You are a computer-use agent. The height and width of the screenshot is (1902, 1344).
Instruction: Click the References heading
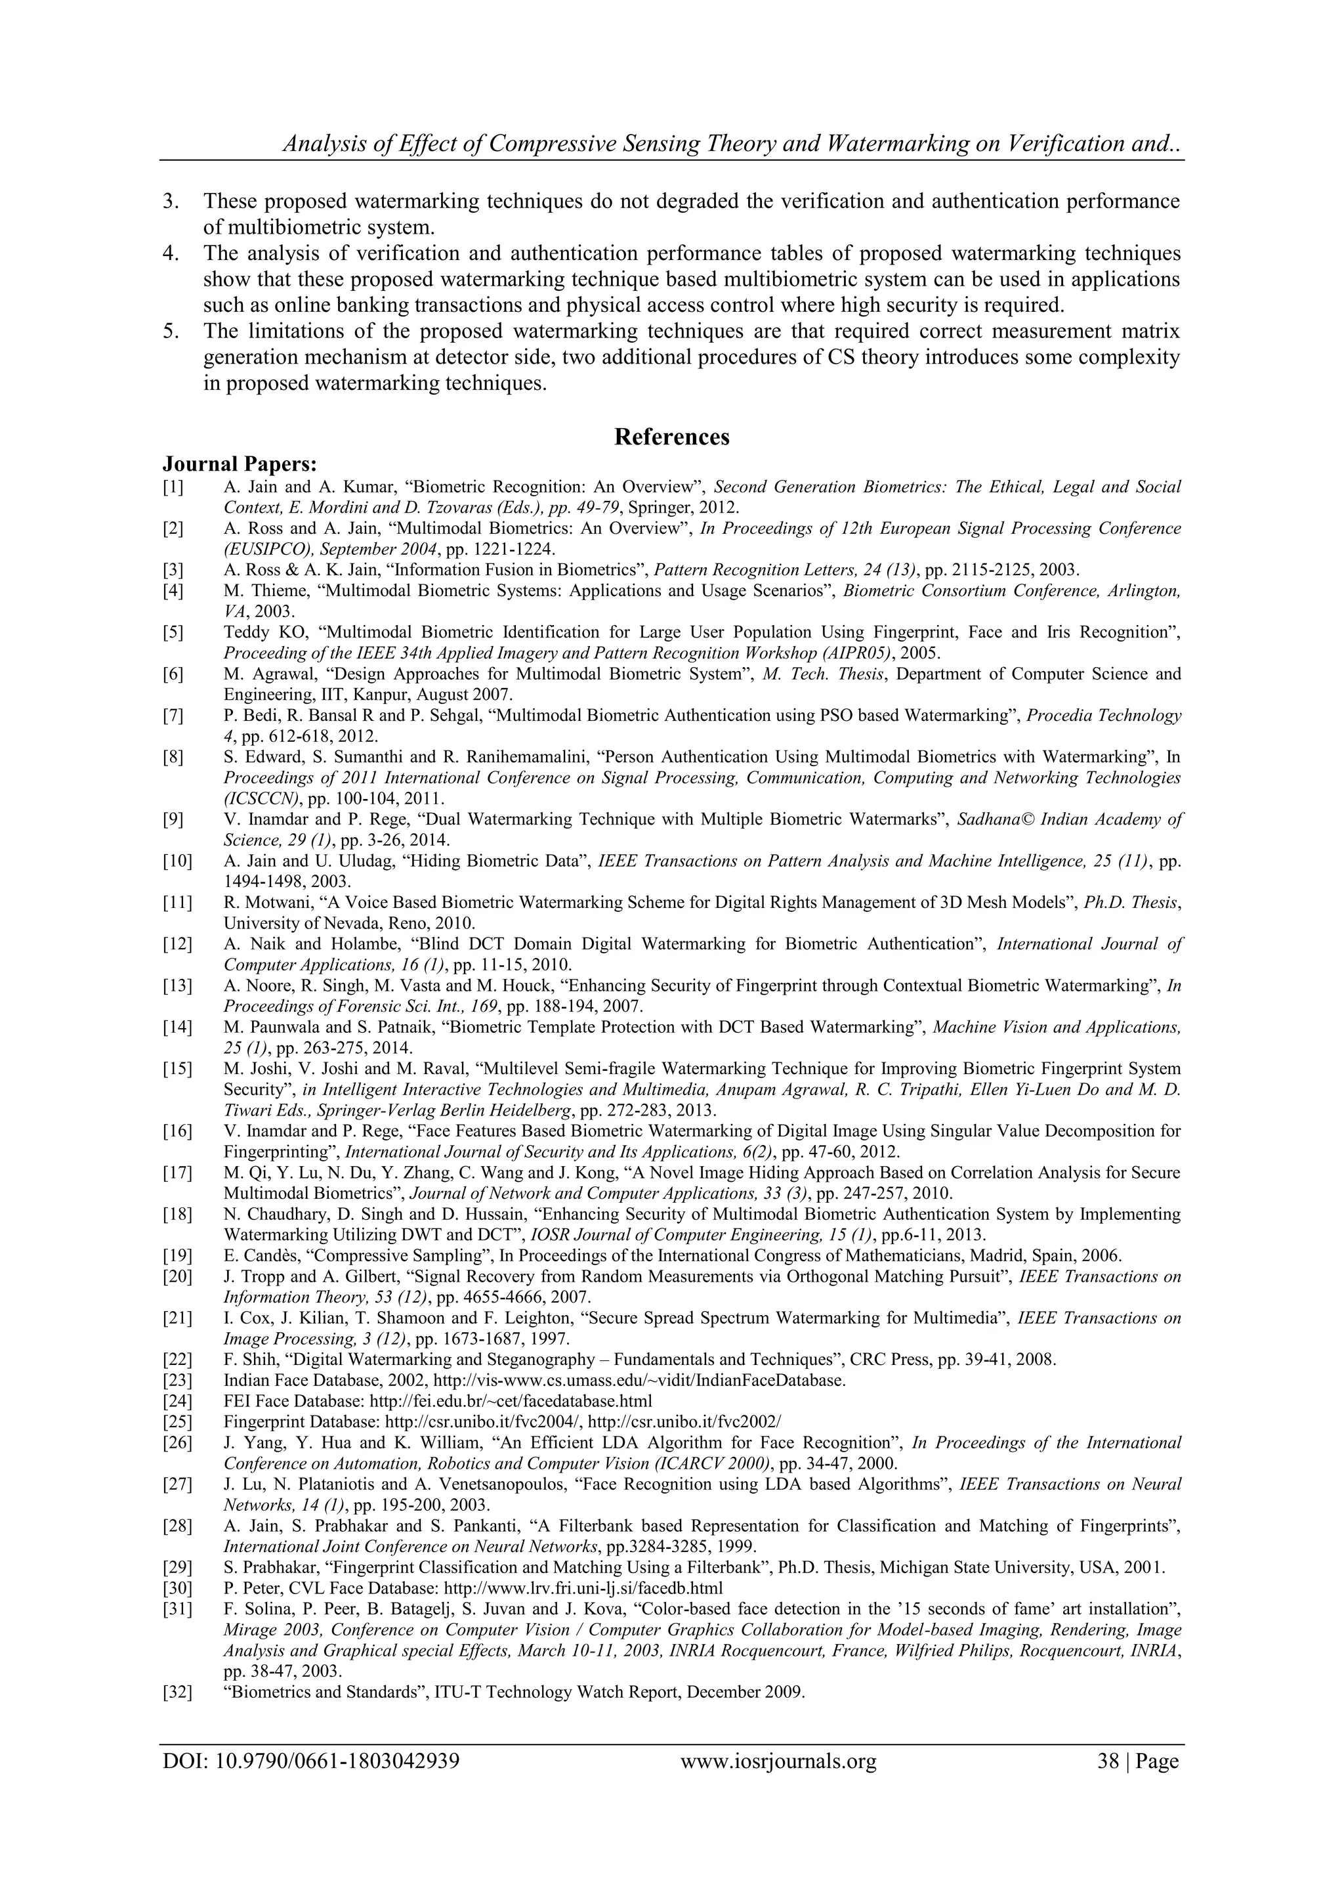pos(671,437)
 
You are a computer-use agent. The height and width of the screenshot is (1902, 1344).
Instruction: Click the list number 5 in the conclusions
pos(170,332)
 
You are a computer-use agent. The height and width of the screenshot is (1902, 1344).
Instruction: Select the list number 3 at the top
pos(170,202)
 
